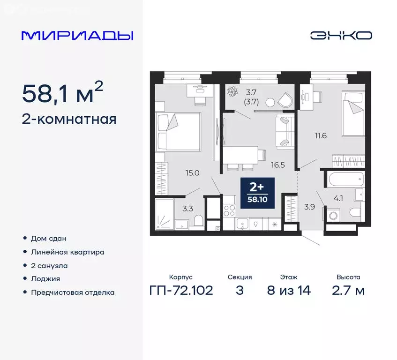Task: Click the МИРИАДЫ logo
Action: point(78,36)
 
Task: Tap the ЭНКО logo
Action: point(341,36)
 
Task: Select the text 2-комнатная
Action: point(69,119)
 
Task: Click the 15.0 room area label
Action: point(193,172)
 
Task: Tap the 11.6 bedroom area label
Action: point(321,136)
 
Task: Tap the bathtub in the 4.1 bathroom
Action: point(344,179)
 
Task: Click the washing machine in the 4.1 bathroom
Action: point(334,216)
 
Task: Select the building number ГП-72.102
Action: point(180,290)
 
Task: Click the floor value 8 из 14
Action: point(288,290)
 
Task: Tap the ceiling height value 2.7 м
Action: point(348,290)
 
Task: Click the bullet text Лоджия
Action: point(45,278)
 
